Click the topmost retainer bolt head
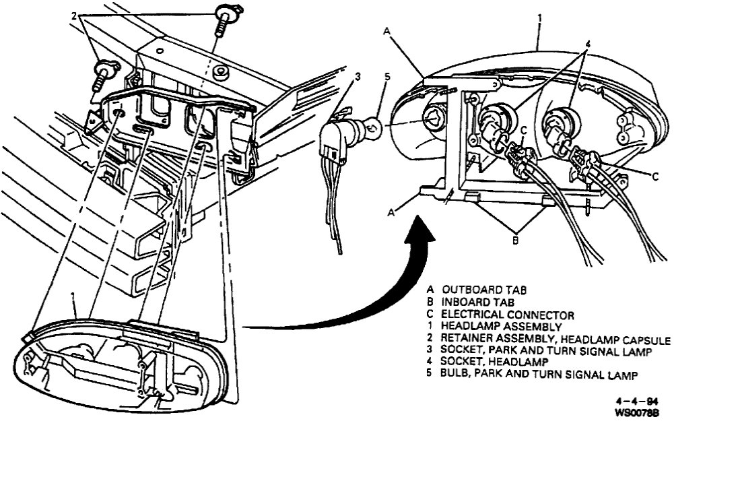tap(222, 13)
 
